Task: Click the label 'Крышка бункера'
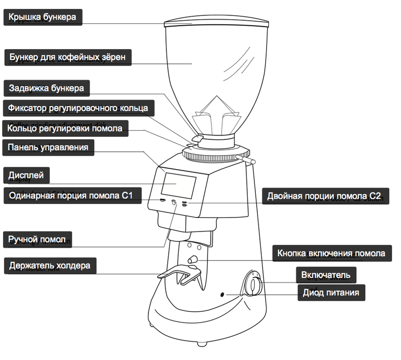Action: point(42,18)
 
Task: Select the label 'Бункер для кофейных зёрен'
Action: point(67,57)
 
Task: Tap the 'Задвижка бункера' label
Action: point(46,88)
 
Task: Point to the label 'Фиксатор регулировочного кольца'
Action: point(78,108)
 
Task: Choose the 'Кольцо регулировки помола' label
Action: point(65,128)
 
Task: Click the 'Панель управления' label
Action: point(48,148)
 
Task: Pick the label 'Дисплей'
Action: point(26,175)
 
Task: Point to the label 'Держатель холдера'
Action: point(50,266)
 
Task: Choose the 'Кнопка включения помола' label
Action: point(331,253)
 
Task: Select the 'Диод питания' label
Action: point(331,293)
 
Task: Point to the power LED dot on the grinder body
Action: point(223,295)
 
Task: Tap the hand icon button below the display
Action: point(174,203)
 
